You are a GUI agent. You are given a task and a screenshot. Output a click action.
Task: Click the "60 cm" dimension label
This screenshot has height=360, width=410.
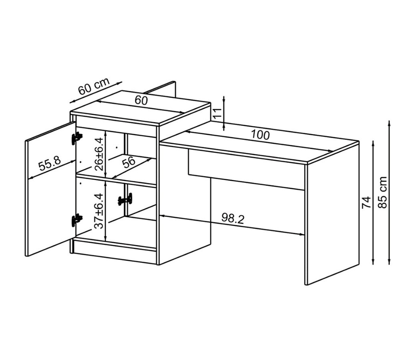(94, 86)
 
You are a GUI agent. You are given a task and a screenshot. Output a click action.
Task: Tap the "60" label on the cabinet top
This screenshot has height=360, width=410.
(141, 100)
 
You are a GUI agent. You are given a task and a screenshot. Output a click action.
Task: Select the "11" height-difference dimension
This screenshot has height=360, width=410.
(218, 113)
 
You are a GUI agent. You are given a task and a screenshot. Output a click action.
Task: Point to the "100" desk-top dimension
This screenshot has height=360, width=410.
(260, 135)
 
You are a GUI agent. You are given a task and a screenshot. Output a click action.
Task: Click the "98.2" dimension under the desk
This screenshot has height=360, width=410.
(233, 218)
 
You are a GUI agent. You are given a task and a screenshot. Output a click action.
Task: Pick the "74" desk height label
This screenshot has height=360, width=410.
(366, 202)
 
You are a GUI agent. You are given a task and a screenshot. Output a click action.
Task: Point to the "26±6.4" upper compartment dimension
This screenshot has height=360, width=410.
(99, 154)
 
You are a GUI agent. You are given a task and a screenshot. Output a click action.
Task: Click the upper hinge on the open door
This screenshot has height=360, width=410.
(76, 138)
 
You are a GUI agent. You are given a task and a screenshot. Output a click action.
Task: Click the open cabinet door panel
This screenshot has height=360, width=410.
(50, 190)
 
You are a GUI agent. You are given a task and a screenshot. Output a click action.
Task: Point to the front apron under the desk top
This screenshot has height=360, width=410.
(246, 170)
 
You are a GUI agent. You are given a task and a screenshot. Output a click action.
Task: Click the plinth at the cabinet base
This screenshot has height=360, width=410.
(115, 251)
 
